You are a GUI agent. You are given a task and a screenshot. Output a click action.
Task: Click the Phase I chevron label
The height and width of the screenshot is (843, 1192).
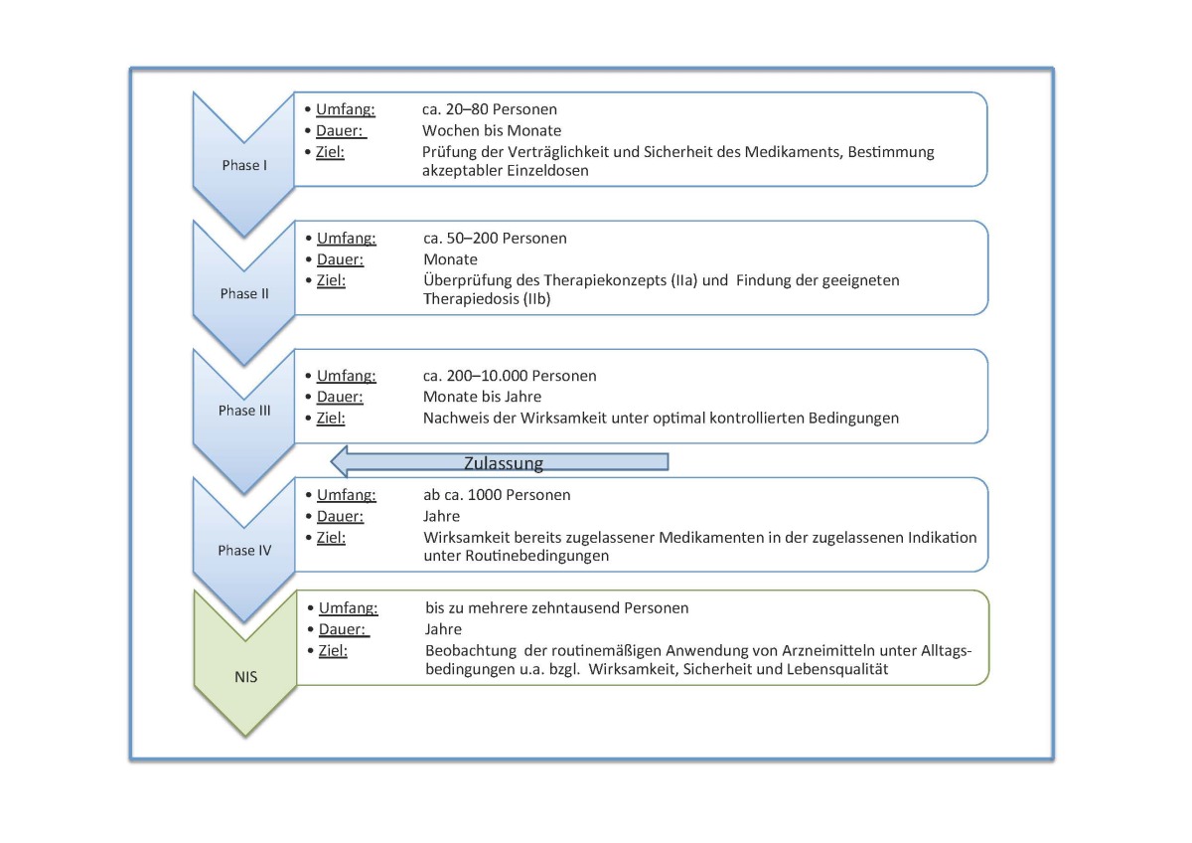pyautogui.click(x=244, y=165)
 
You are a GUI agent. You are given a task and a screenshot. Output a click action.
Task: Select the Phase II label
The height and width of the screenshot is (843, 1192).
pyautogui.click(x=244, y=293)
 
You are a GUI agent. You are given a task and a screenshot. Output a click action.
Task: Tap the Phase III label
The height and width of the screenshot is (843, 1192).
pyautogui.click(x=244, y=410)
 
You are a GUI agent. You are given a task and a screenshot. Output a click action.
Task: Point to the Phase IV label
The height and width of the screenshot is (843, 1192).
pyautogui.click(x=244, y=550)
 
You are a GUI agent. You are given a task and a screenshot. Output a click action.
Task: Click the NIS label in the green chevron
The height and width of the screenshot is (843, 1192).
pyautogui.click(x=246, y=677)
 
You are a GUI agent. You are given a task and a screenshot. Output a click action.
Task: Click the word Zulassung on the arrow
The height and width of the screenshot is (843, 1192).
pyautogui.click(x=504, y=463)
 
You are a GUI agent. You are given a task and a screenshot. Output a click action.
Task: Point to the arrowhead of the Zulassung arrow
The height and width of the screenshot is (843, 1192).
pyautogui.click(x=332, y=461)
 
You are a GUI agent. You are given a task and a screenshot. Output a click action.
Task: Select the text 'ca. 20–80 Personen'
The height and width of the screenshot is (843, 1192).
pyautogui.click(x=490, y=109)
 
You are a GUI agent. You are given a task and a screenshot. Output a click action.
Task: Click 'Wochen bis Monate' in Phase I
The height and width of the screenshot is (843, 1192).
pyautogui.click(x=492, y=130)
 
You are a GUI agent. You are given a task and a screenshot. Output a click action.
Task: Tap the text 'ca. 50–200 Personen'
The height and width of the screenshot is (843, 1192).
pyautogui.click(x=495, y=238)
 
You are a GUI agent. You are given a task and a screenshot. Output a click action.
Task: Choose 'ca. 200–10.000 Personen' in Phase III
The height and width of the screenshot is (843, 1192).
pyautogui.click(x=510, y=376)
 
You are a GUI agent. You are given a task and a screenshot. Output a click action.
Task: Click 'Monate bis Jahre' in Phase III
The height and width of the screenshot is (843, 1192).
pyautogui.click(x=482, y=397)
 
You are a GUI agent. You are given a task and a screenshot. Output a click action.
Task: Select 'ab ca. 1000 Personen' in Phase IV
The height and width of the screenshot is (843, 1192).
pyautogui.click(x=497, y=495)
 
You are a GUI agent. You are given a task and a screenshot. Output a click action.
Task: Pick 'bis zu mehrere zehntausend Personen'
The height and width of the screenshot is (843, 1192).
pyautogui.click(x=556, y=608)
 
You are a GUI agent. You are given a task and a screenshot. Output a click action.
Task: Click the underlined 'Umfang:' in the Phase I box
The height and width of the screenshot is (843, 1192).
pyautogui.click(x=346, y=109)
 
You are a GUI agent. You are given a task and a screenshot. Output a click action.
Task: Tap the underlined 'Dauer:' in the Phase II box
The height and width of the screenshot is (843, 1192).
pyautogui.click(x=340, y=259)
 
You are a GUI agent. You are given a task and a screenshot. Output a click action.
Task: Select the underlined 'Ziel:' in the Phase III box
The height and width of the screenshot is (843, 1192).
pyautogui.click(x=331, y=419)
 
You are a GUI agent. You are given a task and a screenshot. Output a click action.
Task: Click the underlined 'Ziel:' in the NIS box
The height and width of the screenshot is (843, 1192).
pyautogui.click(x=333, y=651)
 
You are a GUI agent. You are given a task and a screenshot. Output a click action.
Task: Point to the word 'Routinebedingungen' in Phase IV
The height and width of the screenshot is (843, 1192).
pyautogui.click(x=537, y=556)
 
